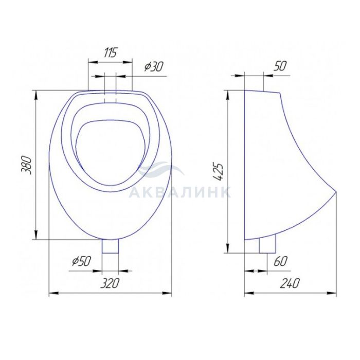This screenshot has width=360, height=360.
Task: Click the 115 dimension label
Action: click(111, 52)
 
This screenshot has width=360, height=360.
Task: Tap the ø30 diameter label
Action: click(154, 67)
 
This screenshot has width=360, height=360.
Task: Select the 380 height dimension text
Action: click(26, 165)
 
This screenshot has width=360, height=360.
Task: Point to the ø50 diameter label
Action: click(81, 261)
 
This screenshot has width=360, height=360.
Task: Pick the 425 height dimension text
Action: click(218, 172)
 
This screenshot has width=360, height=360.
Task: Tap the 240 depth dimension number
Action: click(290, 283)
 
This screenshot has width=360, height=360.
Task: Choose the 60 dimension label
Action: click(280, 261)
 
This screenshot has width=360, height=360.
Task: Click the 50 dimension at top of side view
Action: click(280, 66)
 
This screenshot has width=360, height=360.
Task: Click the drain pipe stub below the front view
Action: click(110, 246)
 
